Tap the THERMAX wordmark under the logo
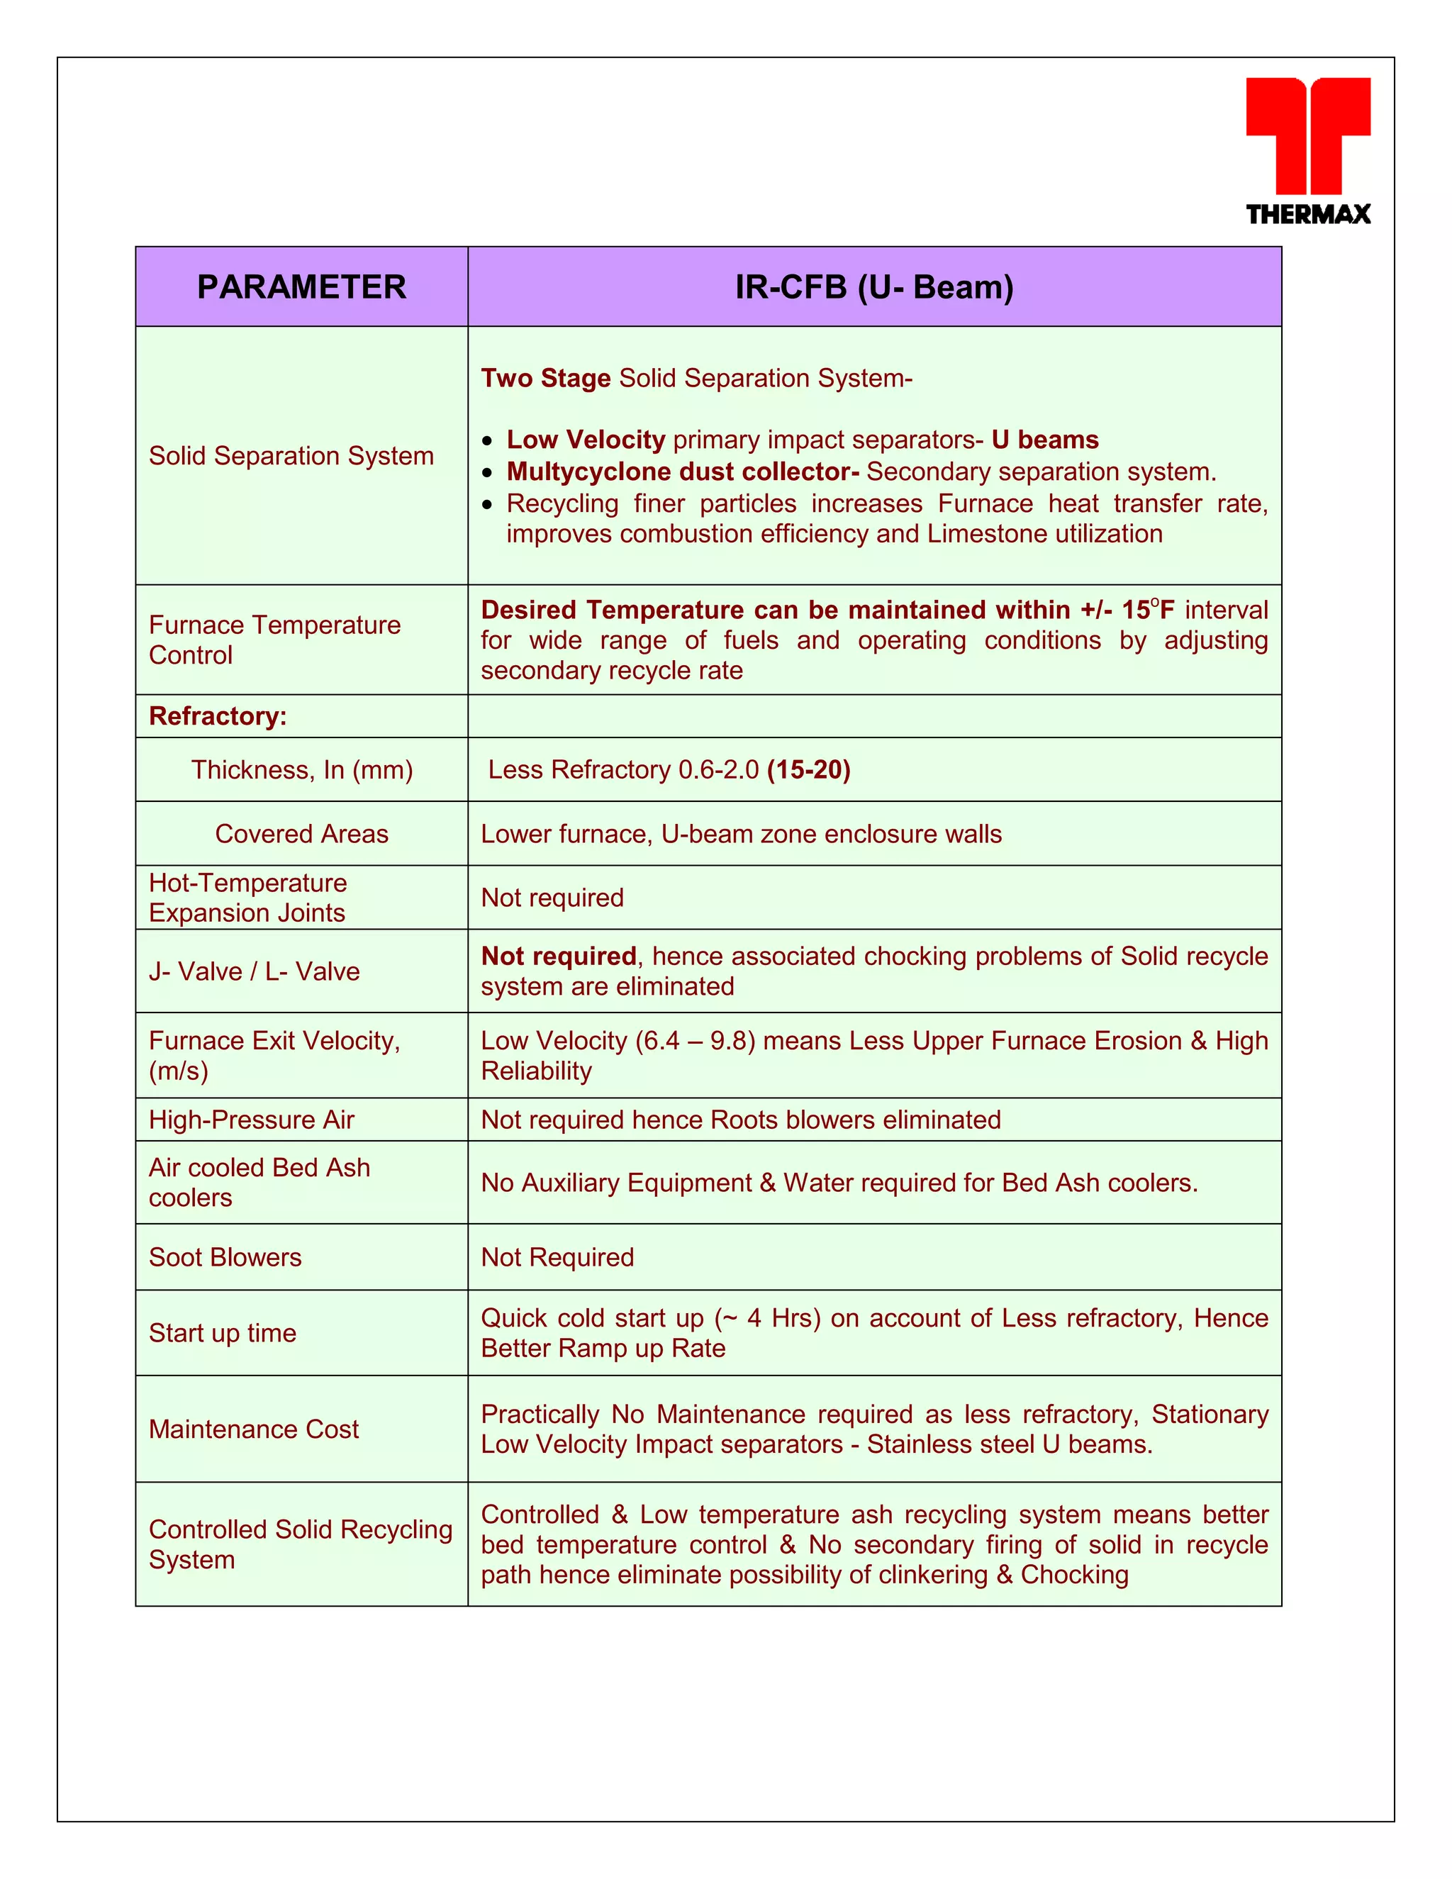click(1307, 214)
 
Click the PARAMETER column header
click(301, 287)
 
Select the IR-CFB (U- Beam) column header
click(874, 287)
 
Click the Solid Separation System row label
click(291, 456)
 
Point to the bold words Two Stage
click(545, 379)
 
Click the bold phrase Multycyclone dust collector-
click(682, 472)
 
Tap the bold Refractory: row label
click(218, 717)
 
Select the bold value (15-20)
click(808, 770)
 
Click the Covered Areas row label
click(301, 834)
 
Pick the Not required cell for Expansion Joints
click(552, 898)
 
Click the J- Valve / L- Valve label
click(254, 971)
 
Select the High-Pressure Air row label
click(251, 1120)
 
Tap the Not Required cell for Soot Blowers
click(557, 1258)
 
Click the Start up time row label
click(222, 1334)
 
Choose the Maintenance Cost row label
click(254, 1429)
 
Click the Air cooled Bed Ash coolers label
click(259, 1183)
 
